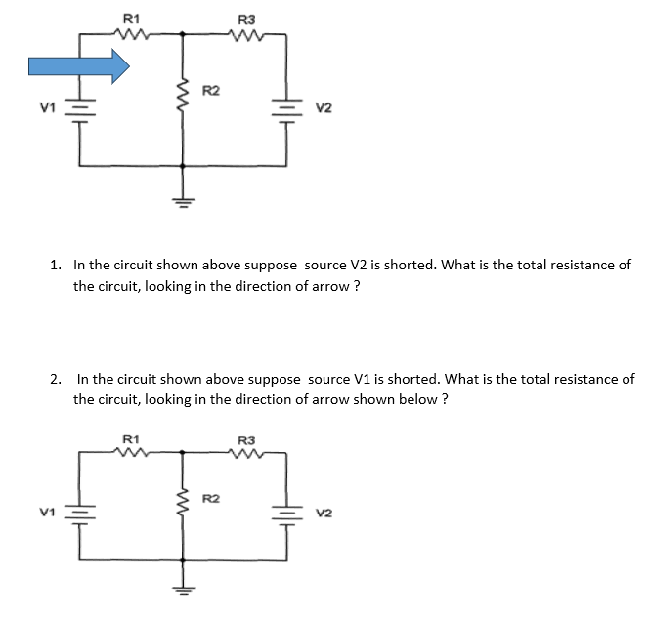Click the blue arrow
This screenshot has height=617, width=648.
click(x=79, y=66)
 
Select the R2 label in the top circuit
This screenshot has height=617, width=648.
click(x=210, y=92)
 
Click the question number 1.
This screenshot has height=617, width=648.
click(x=55, y=265)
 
